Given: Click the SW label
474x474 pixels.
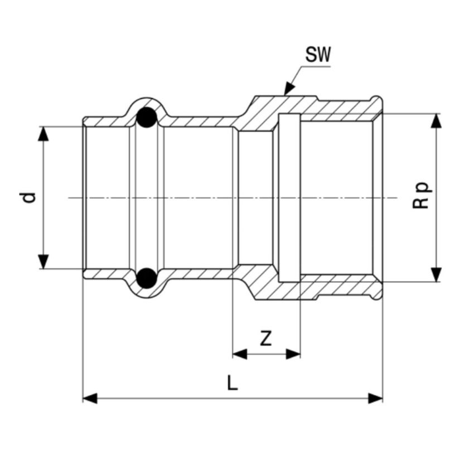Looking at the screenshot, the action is pos(318,55).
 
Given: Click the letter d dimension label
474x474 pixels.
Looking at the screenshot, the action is pos(30,197).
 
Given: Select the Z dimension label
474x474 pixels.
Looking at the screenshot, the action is pos(266,338).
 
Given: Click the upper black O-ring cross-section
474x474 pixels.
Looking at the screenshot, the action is pos(147,117).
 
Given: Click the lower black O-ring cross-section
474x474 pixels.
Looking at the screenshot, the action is pos(147,278).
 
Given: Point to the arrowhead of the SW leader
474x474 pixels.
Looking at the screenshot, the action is pos(289,89).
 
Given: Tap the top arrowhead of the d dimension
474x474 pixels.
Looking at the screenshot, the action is pos(43,134).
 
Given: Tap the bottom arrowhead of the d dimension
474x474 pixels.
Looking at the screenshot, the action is pos(43,262).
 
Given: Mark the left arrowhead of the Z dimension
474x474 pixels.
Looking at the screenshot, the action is pos(240,354).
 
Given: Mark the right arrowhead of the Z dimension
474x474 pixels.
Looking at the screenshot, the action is pos(293,354).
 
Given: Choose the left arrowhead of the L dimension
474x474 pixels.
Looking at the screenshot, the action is pos(90,398).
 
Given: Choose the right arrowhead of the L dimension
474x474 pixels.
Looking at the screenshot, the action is pos(375,398).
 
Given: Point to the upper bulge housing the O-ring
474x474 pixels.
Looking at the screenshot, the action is pos(147,110).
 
